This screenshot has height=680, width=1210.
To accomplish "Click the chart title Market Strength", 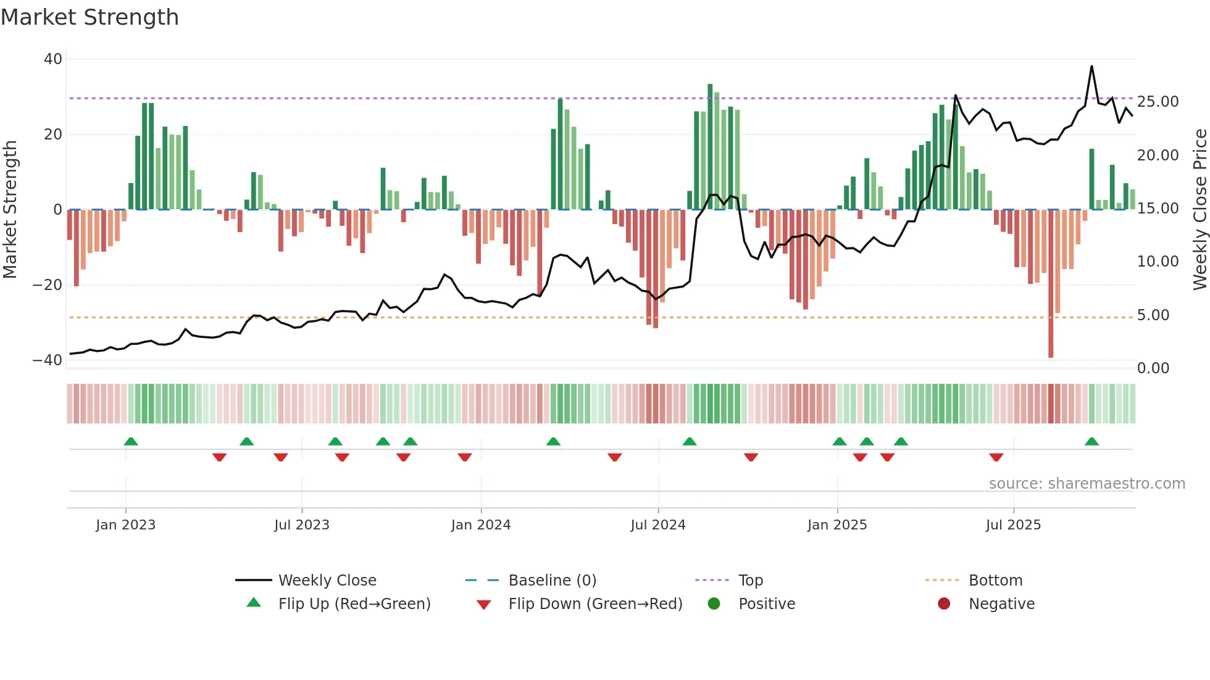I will [x=90, y=17].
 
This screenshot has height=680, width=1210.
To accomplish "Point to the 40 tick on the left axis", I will [x=53, y=59].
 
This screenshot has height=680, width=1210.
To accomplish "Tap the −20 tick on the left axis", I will [x=48, y=285].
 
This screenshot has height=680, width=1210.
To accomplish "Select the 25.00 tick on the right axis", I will [x=1158, y=102].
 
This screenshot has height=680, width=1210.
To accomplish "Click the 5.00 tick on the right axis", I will [x=1153, y=315].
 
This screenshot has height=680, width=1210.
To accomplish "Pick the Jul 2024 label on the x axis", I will [x=657, y=525].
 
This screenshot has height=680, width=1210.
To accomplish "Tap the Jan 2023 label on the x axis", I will [x=125, y=525].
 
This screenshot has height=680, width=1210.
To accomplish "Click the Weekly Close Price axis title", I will [x=1200, y=210].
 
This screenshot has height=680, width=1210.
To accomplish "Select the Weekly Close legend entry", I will [x=327, y=581].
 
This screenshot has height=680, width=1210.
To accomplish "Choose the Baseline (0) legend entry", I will [x=552, y=581].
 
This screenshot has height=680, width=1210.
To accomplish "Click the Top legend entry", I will [x=750, y=581].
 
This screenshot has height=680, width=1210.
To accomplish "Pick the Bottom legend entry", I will [x=995, y=581].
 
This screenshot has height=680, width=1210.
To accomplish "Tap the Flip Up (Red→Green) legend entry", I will [x=354, y=604].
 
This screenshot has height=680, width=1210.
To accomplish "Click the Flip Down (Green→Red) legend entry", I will [x=595, y=604].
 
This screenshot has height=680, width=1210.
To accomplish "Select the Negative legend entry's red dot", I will [x=944, y=603].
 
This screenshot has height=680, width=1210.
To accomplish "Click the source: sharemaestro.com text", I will [x=1087, y=484].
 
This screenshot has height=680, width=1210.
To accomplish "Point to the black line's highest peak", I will [x=1091, y=66].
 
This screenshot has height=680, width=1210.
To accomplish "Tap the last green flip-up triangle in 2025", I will [x=1091, y=442].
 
